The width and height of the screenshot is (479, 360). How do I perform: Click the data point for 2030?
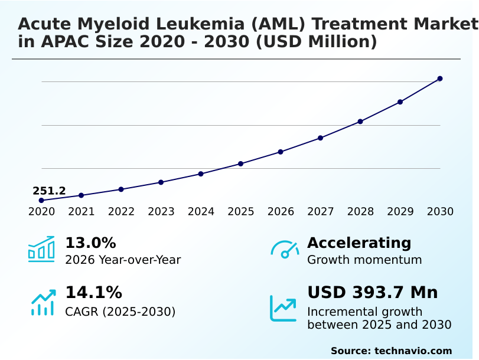[440, 78]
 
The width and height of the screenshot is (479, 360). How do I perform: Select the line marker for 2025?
[241, 163]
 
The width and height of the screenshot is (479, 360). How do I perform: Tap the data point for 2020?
[41, 201]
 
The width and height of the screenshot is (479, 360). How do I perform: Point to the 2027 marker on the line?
[321, 138]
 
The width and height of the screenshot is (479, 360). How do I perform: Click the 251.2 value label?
[49, 191]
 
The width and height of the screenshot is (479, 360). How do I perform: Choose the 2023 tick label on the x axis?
[161, 212]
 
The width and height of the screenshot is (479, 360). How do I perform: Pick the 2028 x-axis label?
[360, 212]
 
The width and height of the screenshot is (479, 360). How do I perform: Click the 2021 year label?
[82, 212]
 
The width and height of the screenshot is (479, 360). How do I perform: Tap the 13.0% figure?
[90, 243]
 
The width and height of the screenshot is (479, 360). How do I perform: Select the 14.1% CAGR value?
[93, 292]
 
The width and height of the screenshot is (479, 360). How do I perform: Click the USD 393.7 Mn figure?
[373, 292]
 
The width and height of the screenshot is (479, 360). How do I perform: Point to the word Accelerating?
[359, 243]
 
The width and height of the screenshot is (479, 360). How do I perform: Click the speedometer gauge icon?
[285, 250]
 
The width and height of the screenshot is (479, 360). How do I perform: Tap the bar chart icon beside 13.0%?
[41, 249]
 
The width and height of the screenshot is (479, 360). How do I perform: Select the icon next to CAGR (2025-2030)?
[43, 302]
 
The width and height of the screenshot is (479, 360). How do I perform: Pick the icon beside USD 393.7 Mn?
[284, 308]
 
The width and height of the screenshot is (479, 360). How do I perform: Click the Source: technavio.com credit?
[391, 351]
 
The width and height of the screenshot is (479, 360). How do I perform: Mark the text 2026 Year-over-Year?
[123, 260]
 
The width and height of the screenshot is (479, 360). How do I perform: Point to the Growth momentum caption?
[364, 260]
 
